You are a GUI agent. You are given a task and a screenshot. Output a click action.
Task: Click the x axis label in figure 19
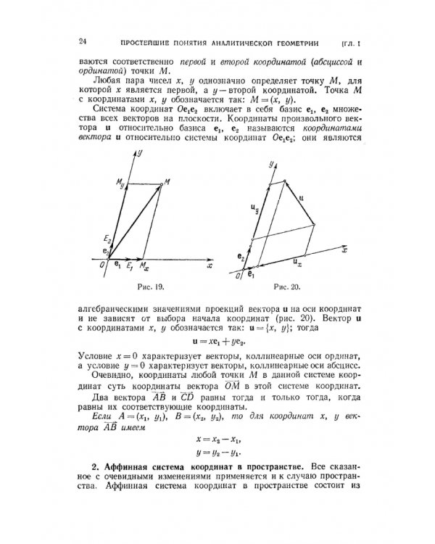[209, 266]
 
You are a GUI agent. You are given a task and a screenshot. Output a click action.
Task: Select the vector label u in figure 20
[300, 197]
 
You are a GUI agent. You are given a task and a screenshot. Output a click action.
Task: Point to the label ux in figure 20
[297, 258]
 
